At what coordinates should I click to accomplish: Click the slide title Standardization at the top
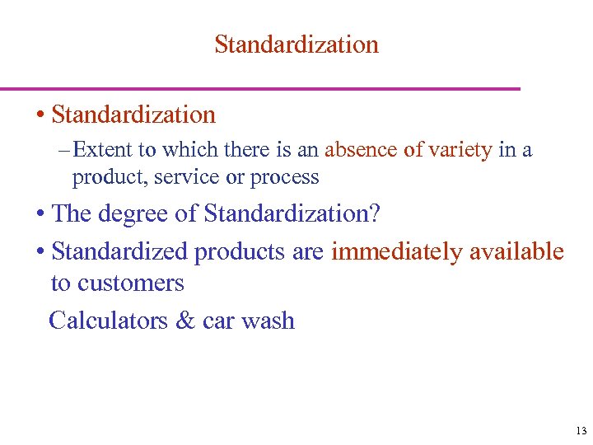[296, 44]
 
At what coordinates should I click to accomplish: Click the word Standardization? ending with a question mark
[292, 213]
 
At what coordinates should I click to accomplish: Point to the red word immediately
[396, 251]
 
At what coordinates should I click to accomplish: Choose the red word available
[516, 251]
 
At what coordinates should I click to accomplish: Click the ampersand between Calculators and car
[185, 320]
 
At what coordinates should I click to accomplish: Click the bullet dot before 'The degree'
[40, 214]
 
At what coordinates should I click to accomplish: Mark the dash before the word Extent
[65, 150]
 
